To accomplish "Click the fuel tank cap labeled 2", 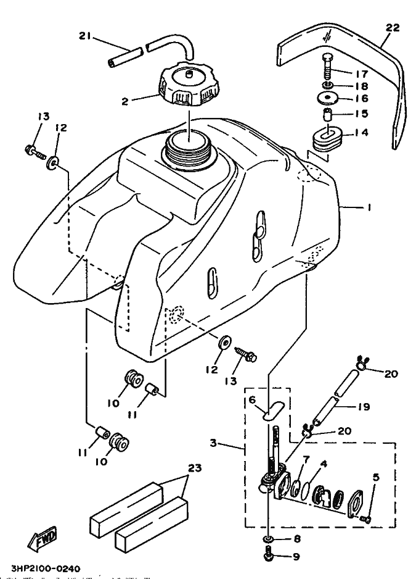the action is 190,83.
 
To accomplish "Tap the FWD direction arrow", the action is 42,537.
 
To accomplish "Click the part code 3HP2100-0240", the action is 46,568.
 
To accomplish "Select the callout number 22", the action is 393,28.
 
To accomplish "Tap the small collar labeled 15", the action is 327,115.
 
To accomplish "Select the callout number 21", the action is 85,36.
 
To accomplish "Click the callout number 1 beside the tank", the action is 369,207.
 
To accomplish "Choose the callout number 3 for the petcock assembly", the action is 213,443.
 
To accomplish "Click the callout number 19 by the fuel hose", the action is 363,407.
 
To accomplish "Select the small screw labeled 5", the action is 366,519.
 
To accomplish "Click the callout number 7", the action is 306,459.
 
